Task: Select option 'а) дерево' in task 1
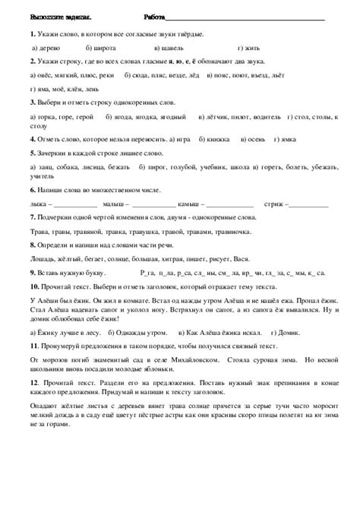tap(50, 48)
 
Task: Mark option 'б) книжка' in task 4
tap(214, 141)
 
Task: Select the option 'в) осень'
tap(254, 141)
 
